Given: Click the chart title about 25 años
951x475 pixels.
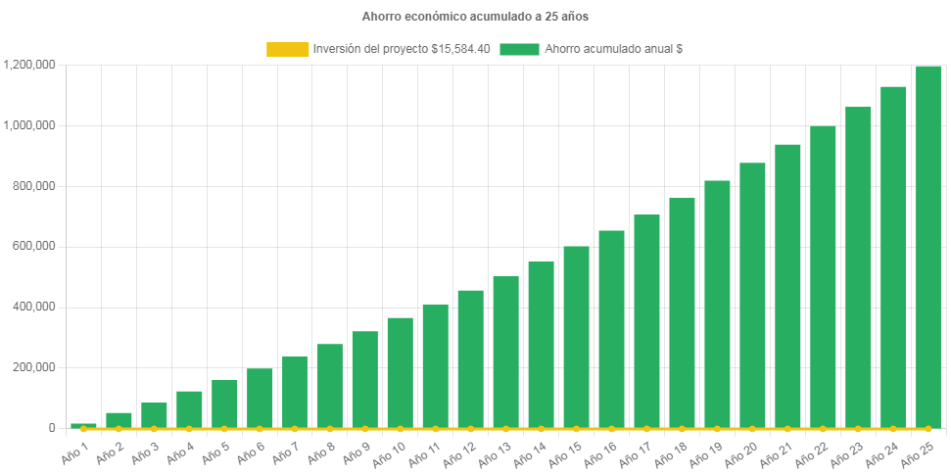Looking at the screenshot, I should tap(475, 17).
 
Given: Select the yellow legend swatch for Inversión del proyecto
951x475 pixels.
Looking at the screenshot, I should tap(287, 49).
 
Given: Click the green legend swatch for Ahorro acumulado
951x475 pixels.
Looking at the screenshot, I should tap(519, 49).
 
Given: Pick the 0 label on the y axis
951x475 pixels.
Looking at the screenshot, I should tap(51, 428).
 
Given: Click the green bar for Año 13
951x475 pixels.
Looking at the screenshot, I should tap(505, 353).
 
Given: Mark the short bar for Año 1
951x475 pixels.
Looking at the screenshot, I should tap(83, 425).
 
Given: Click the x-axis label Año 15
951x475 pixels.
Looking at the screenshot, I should tap(568, 453).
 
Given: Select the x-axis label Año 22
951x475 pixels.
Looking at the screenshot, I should tap(814, 453).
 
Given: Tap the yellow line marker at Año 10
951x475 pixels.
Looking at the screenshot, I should tap(401, 429).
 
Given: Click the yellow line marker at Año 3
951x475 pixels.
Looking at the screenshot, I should tap(154, 429).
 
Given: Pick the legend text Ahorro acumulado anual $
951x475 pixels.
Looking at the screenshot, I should tap(613, 49).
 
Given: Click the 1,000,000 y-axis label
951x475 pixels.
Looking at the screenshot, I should tap(29, 125).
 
